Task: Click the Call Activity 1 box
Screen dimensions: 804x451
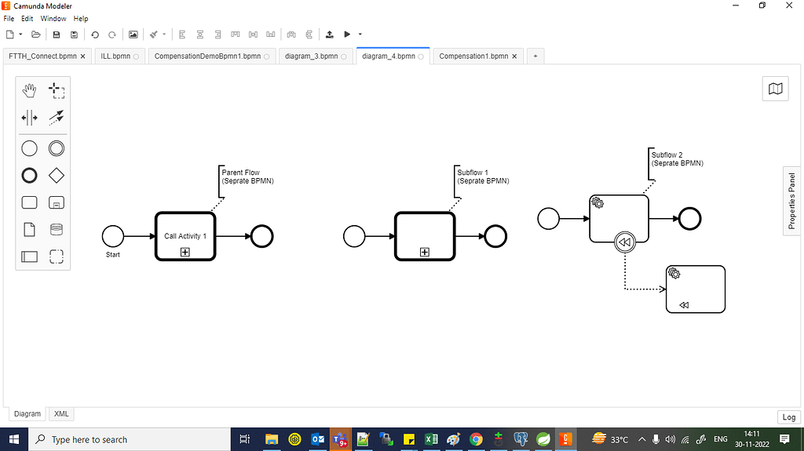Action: point(185,236)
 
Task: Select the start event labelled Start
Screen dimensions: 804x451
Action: point(113,236)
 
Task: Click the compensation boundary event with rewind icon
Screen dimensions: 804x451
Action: point(624,242)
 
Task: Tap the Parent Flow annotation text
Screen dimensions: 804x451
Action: point(247,176)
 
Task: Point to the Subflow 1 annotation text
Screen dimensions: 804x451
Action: point(483,176)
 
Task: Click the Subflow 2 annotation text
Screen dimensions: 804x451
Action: point(678,159)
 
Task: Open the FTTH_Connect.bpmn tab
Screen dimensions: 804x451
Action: point(42,56)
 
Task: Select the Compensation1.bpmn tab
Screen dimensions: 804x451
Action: point(473,56)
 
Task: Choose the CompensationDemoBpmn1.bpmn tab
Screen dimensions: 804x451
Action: point(207,56)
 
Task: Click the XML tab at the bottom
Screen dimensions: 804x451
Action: point(61,413)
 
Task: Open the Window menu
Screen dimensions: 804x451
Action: point(53,19)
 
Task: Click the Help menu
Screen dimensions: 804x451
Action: point(81,19)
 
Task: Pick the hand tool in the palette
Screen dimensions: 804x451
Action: point(29,91)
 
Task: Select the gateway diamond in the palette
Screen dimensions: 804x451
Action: point(57,176)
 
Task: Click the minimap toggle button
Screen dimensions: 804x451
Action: point(775,89)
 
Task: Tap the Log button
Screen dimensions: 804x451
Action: point(788,417)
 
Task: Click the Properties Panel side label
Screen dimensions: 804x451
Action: point(792,201)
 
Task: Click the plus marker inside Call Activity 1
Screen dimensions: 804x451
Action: point(185,252)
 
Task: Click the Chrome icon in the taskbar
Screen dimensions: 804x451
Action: point(476,440)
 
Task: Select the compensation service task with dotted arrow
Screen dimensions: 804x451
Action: point(696,289)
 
